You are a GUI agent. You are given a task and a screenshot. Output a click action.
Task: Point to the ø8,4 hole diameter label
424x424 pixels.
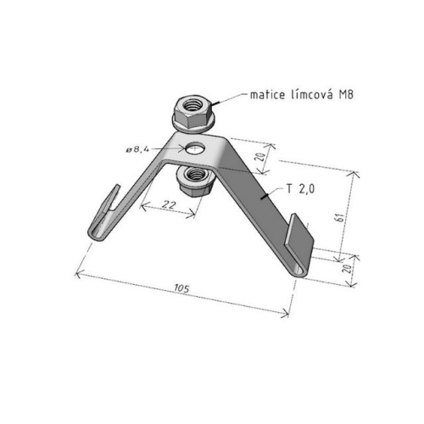(138, 149)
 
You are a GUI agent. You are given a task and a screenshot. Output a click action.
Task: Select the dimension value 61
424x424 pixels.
(340, 216)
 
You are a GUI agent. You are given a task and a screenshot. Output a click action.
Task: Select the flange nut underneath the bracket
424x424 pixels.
(194, 178)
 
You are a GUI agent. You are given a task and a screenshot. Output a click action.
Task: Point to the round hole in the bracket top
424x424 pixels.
(195, 150)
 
